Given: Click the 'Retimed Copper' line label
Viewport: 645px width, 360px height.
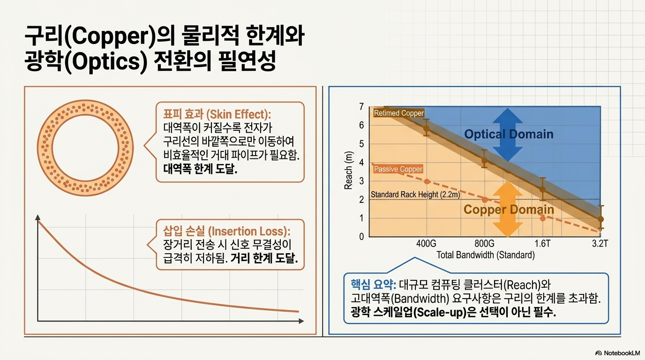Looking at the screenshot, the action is tap(399, 113).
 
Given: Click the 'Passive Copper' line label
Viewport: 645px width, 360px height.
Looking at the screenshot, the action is tap(398, 169).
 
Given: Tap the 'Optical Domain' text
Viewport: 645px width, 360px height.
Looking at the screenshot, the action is tap(509, 134).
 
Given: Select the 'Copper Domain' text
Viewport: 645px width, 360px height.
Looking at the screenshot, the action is tap(509, 210).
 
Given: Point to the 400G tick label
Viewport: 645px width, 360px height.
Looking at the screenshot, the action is tap(426, 244).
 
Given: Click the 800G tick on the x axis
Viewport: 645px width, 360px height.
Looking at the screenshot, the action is tap(484, 244).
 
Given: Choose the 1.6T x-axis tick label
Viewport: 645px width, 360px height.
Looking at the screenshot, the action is tap(542, 244).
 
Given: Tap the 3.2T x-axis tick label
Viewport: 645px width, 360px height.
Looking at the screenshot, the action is tap(600, 244).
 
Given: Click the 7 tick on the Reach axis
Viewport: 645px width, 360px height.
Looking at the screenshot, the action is tap(361, 107).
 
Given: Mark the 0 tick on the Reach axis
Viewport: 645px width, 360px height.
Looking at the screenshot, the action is tap(361, 237).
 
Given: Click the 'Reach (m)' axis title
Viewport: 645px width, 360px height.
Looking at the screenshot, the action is tap(348, 170).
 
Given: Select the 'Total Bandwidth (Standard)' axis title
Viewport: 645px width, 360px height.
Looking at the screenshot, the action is tap(486, 255).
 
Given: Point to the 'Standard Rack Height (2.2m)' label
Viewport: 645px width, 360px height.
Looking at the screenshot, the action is tap(415, 195).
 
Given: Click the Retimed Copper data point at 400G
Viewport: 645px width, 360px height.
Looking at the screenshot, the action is tap(427, 128).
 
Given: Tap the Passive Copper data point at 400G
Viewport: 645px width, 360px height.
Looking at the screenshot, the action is tap(427, 181).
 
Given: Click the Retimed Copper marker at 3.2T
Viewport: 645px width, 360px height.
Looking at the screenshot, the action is tap(600, 219).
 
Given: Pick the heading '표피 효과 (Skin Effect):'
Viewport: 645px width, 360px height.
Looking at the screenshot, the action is tap(217, 114).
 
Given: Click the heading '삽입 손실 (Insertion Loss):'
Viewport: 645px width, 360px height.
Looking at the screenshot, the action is tap(227, 231).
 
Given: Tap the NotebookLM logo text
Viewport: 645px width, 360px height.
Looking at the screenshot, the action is tap(622, 353).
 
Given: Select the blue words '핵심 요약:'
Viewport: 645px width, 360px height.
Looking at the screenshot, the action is tap(374, 285).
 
